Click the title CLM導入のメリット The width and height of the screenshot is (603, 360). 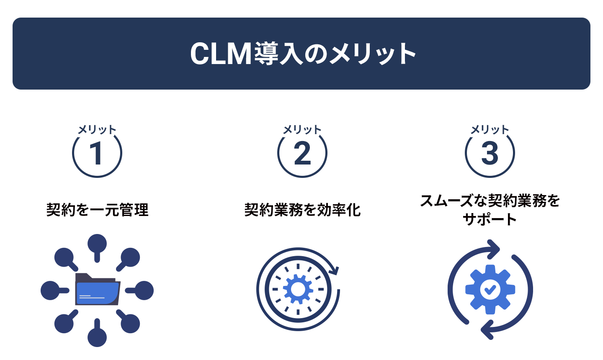(303, 54)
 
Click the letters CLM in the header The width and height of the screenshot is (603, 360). (221, 54)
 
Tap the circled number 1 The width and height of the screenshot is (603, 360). (97, 153)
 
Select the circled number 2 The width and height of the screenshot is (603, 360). (302, 153)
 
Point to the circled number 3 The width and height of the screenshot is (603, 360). (490, 153)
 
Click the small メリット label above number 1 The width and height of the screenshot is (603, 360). (97, 130)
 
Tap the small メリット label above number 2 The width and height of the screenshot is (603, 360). (302, 130)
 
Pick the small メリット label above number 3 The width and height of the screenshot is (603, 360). (490, 130)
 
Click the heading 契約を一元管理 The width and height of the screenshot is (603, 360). (97, 210)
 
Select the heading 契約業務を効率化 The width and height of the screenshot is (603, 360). (302, 210)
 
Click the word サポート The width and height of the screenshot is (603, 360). (490, 219)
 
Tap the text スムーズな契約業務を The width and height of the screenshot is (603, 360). (490, 201)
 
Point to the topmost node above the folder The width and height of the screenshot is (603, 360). (97, 247)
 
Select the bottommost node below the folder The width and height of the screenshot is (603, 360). (97, 333)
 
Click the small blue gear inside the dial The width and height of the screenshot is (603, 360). (298, 290)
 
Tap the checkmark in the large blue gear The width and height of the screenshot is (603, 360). (490, 290)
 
